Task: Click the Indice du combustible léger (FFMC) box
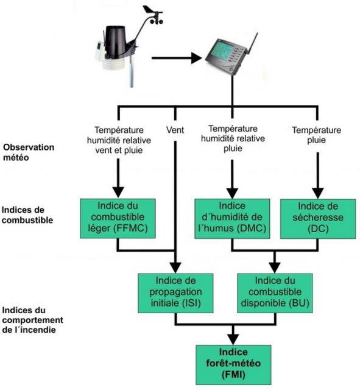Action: [118, 218]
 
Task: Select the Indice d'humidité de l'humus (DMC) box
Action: [232, 219]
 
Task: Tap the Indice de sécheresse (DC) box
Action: [318, 219]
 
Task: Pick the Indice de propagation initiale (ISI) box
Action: [175, 293]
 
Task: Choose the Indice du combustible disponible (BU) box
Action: [275, 293]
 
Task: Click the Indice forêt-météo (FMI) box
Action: [233, 364]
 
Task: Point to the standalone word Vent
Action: [175, 130]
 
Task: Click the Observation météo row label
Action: [29, 152]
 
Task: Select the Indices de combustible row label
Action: [27, 215]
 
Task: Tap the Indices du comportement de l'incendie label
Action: [32, 320]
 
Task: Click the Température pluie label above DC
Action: [317, 135]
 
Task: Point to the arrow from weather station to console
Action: [177, 58]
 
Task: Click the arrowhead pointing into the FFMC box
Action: [118, 193]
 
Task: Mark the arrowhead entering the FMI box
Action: [233, 339]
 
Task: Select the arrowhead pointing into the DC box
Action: [318, 193]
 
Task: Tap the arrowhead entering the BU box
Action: [275, 268]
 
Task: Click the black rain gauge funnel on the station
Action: [116, 41]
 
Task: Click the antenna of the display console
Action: [252, 43]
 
